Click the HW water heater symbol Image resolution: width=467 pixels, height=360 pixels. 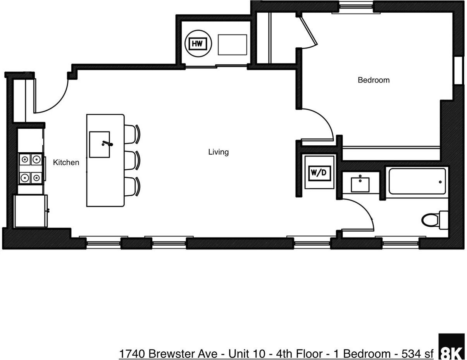point(198,43)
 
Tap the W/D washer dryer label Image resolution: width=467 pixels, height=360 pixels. point(319,173)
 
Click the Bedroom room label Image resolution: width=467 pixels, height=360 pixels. point(373,80)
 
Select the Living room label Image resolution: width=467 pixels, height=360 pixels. point(218,152)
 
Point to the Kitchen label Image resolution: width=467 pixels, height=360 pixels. point(66,162)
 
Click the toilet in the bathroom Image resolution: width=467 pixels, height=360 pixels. point(432,220)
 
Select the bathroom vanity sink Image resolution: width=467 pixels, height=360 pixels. point(360,184)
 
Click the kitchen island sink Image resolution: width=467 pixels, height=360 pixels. point(100,144)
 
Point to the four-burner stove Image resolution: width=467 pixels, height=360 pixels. point(31,168)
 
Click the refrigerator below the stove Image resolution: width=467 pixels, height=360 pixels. point(30,211)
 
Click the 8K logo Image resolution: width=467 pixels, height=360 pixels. point(451,346)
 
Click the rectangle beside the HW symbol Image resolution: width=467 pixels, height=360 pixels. point(232,45)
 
